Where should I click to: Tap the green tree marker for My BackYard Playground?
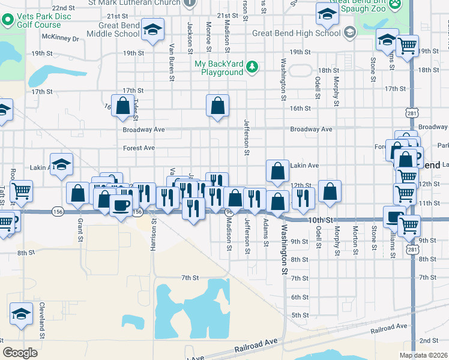[253, 68]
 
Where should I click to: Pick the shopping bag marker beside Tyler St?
[123, 106]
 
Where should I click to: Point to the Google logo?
[20, 353]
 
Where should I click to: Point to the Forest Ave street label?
[139, 148]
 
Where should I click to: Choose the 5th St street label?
[300, 315]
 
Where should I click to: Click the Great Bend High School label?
[296, 33]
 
